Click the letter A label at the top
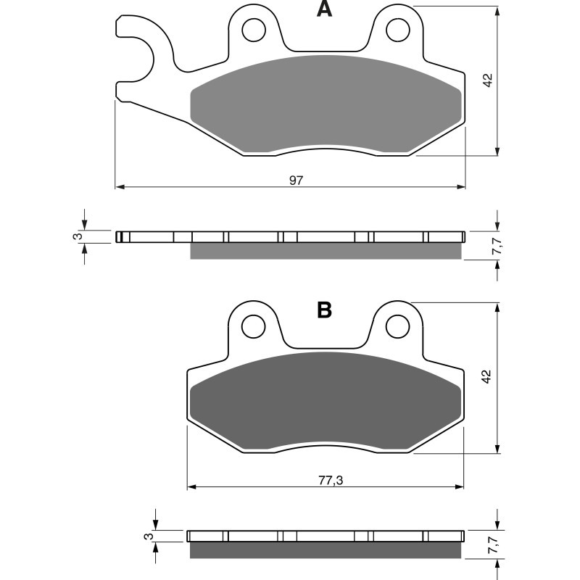pyautogui.click(x=324, y=9)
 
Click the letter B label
pyautogui.click(x=324, y=310)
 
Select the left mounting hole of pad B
pyautogui.click(x=253, y=327)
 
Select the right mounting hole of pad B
pyautogui.click(x=397, y=327)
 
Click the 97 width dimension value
pyautogui.click(x=296, y=180)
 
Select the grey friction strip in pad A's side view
pyautogui.click(x=325, y=251)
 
